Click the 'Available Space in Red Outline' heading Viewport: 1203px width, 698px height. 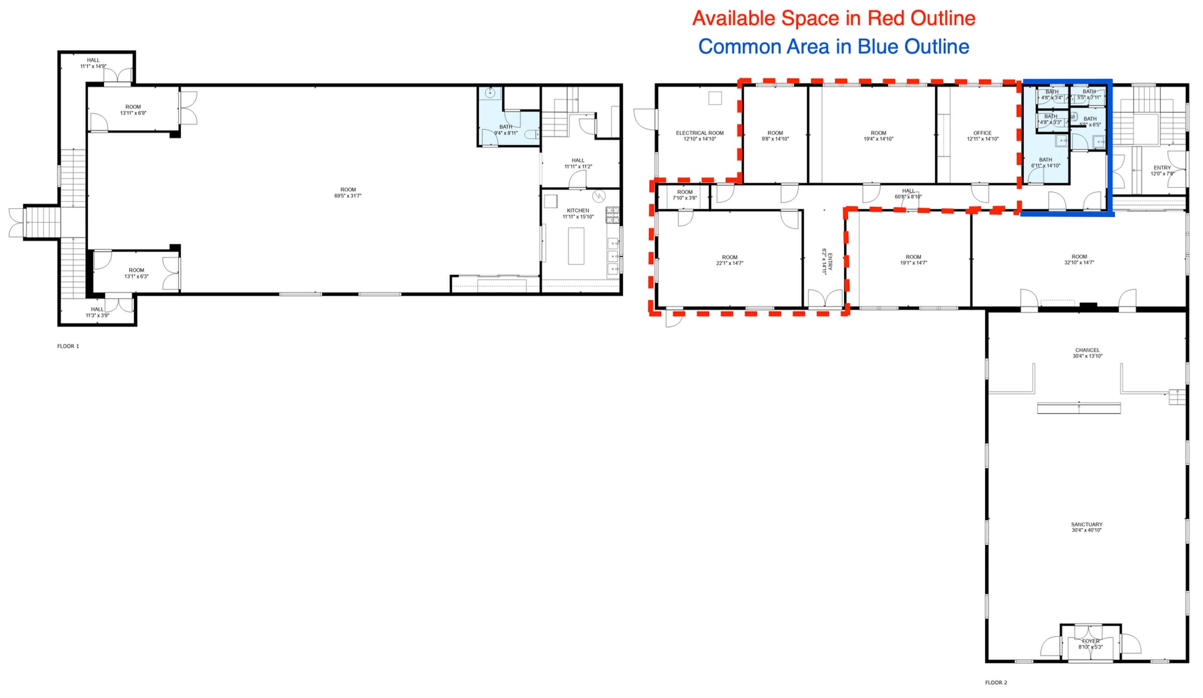pos(834,18)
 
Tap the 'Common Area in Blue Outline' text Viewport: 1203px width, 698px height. pos(834,46)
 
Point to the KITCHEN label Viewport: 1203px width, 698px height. pos(578,211)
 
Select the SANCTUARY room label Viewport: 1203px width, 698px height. pos(1086,525)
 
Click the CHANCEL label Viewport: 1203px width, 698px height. pos(1087,350)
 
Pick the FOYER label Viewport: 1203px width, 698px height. pos(1090,641)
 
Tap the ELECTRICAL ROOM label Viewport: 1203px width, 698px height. pos(700,133)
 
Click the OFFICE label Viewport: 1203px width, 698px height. pos(982,133)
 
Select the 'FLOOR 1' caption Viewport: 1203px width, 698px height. pos(68,346)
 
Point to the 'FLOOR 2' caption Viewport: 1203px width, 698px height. pos(996,683)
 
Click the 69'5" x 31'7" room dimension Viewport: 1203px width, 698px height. pos(348,196)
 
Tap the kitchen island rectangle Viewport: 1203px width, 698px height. pos(576,246)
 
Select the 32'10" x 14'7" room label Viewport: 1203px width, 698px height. pos(1079,263)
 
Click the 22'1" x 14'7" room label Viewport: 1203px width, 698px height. pos(730,263)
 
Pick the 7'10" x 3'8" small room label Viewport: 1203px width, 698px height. pos(685,198)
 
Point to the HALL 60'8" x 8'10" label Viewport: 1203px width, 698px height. pos(908,193)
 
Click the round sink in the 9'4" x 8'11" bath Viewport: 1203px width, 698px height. pos(490,93)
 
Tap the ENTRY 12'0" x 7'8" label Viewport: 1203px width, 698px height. pos(1162,171)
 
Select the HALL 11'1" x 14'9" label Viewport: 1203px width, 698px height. pos(93,63)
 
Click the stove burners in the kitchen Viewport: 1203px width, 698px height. pos(613,215)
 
